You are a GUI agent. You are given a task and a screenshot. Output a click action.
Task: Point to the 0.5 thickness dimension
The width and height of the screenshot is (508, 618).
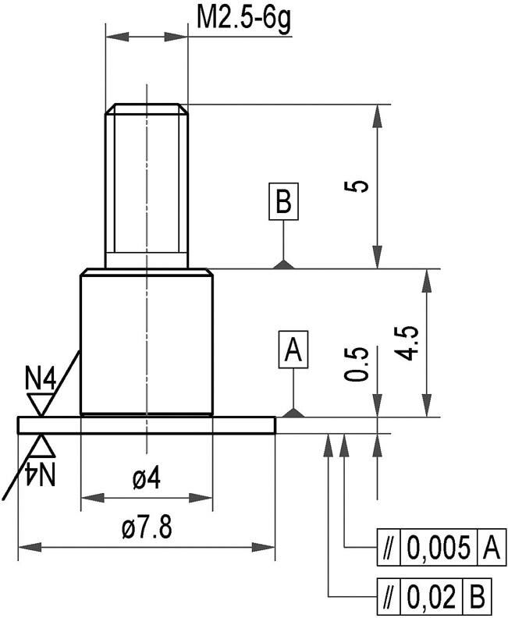tap(356, 364)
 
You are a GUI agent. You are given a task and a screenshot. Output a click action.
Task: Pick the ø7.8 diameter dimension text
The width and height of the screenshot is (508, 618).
tap(147, 529)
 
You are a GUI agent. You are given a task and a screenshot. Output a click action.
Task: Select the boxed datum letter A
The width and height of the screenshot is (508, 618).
tap(293, 350)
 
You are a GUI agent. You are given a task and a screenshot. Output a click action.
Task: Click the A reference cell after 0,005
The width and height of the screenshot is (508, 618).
tap(490, 549)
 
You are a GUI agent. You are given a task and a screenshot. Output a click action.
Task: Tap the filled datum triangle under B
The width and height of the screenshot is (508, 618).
tap(284, 265)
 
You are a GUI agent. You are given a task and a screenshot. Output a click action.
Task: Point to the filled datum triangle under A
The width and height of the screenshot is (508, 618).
tap(293, 413)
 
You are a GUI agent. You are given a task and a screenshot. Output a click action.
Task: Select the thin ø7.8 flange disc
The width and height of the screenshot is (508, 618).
tap(147, 424)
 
